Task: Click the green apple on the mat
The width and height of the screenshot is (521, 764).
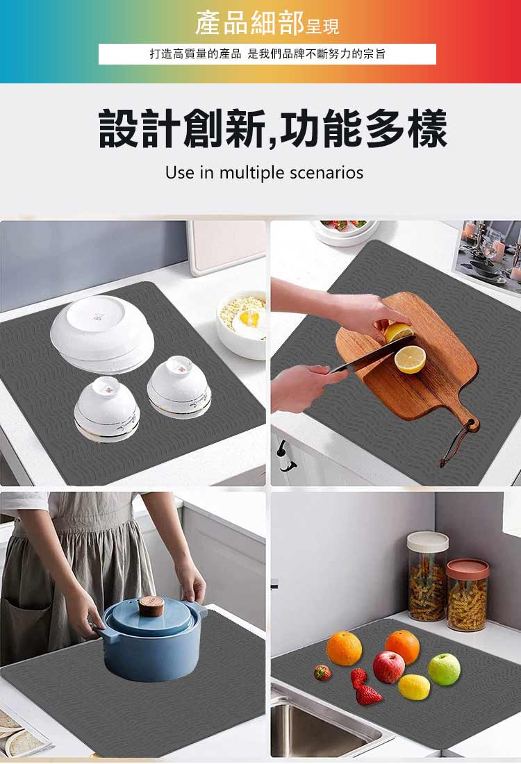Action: pyautogui.click(x=444, y=669)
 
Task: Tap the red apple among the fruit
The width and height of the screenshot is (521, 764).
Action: pyautogui.click(x=388, y=667)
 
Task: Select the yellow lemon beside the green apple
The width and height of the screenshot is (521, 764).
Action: pyautogui.click(x=414, y=687)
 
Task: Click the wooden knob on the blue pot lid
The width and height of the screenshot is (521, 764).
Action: pyautogui.click(x=151, y=606)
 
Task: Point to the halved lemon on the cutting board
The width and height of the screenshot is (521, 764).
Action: pyautogui.click(x=410, y=359)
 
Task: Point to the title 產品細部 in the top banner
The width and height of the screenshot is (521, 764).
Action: pyautogui.click(x=249, y=24)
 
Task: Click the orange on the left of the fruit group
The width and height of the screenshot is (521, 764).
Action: pyautogui.click(x=345, y=648)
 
